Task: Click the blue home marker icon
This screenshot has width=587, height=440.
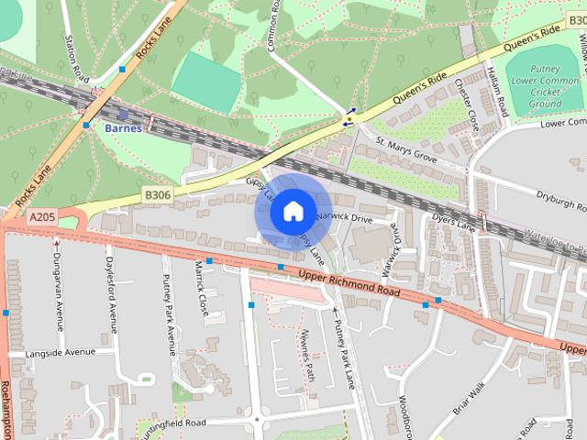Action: [292, 212]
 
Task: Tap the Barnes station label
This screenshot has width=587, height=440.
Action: [122, 128]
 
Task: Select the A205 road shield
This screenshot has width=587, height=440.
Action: [42, 217]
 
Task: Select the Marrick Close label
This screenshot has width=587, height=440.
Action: [201, 287]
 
